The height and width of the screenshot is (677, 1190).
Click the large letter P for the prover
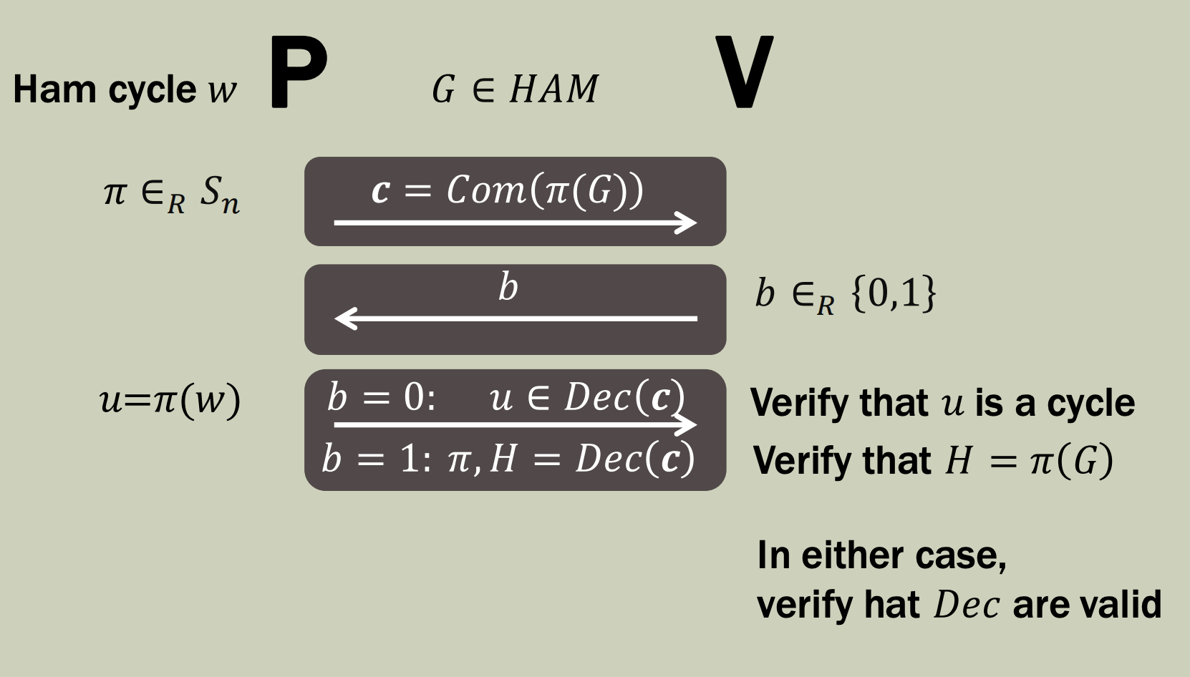pyautogui.click(x=298, y=73)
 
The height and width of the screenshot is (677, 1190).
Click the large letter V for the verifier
pyautogui.click(x=744, y=73)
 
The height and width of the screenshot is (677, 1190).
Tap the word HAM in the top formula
pyautogui.click(x=553, y=89)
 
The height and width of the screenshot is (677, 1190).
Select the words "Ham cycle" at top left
pyautogui.click(x=105, y=90)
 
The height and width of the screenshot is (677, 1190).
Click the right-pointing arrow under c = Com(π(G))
pyautogui.click(x=515, y=223)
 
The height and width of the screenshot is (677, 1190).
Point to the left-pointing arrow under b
pyautogui.click(x=515, y=318)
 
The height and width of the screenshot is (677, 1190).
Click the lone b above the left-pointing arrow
pyautogui.click(x=508, y=288)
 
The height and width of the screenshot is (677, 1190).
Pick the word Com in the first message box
pyautogui.click(x=485, y=190)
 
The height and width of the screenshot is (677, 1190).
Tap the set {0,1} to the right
pyautogui.click(x=893, y=293)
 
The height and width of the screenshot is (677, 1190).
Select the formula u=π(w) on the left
pyautogui.click(x=170, y=400)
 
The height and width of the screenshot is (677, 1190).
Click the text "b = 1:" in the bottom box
pyautogui.click(x=377, y=459)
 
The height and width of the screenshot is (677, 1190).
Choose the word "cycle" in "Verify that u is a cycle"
pyautogui.click(x=1090, y=404)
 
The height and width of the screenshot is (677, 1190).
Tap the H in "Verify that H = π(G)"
pyautogui.click(x=958, y=460)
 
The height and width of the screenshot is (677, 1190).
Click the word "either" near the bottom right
pyautogui.click(x=843, y=555)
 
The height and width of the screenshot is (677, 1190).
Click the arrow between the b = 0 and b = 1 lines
pyautogui.click(x=515, y=425)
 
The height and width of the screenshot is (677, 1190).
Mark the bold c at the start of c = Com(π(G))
pyautogui.click(x=380, y=191)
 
